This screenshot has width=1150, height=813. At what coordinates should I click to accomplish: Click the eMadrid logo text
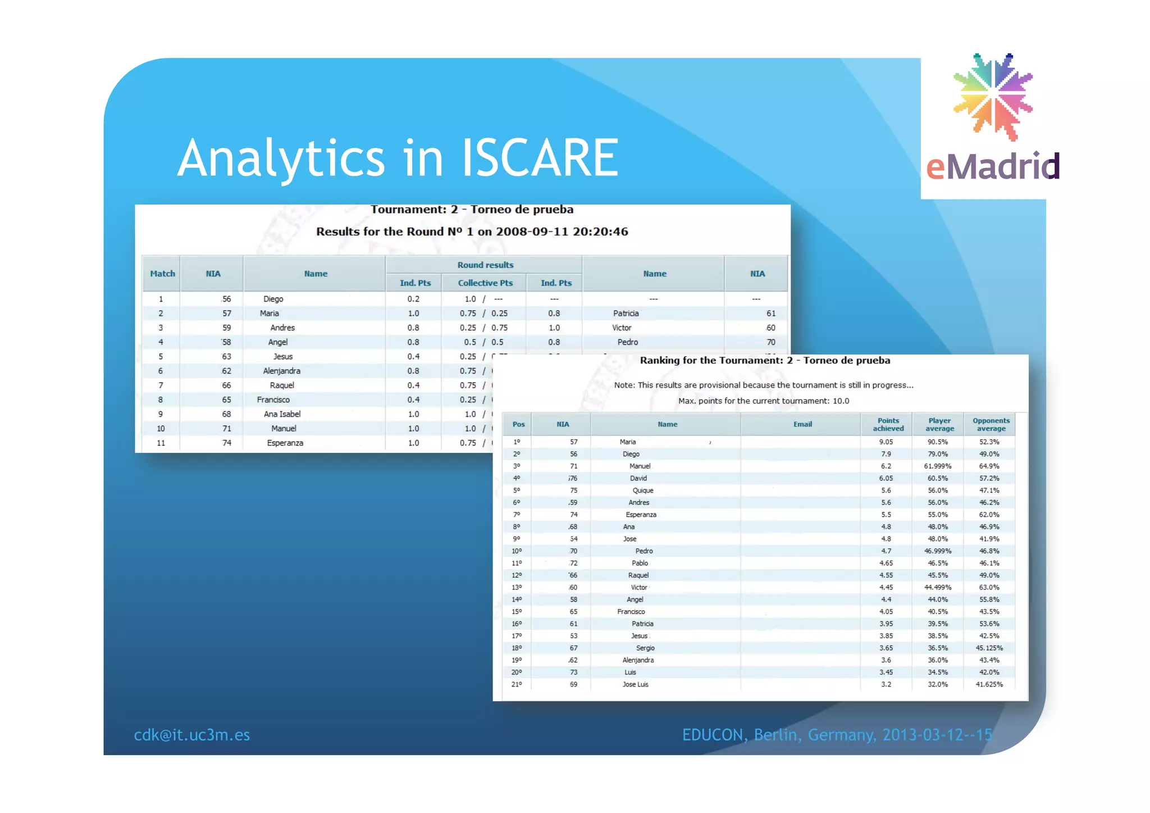click(x=992, y=166)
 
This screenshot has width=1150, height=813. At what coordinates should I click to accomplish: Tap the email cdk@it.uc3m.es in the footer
click(x=191, y=735)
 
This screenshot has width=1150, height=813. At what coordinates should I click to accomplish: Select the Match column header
click(x=162, y=274)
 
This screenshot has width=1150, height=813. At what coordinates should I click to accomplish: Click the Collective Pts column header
click(x=485, y=283)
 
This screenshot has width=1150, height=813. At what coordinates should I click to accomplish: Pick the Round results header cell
click(x=485, y=265)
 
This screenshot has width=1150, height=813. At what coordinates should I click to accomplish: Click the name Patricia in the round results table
click(x=626, y=314)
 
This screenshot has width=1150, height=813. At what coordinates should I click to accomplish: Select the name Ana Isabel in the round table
click(x=282, y=414)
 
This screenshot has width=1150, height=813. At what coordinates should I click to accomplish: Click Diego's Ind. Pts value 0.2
click(x=413, y=299)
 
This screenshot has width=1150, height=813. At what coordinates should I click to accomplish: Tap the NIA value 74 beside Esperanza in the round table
click(x=226, y=443)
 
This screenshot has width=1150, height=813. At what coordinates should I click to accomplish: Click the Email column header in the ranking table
click(x=802, y=424)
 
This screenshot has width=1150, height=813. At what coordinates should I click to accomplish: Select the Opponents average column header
click(x=991, y=424)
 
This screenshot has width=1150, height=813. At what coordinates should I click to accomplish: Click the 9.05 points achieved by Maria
click(x=886, y=442)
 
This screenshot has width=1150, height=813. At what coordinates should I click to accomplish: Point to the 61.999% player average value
click(x=938, y=466)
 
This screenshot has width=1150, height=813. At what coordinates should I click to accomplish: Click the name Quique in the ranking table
click(x=643, y=490)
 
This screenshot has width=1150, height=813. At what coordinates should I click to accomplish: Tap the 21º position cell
click(x=517, y=684)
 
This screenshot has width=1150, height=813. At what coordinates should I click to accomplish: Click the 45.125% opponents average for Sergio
click(x=989, y=648)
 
